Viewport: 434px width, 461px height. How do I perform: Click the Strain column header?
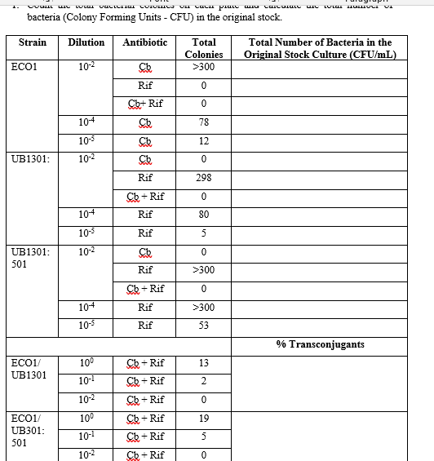point(29,42)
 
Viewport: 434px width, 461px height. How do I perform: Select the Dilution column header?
point(86,42)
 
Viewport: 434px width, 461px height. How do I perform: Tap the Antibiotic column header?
point(145,42)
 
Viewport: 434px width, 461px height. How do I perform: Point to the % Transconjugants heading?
point(320,344)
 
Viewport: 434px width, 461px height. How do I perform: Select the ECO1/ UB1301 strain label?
point(29,368)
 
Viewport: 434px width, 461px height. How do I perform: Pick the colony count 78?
point(203,122)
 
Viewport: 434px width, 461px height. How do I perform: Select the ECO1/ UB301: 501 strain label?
point(29,429)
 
